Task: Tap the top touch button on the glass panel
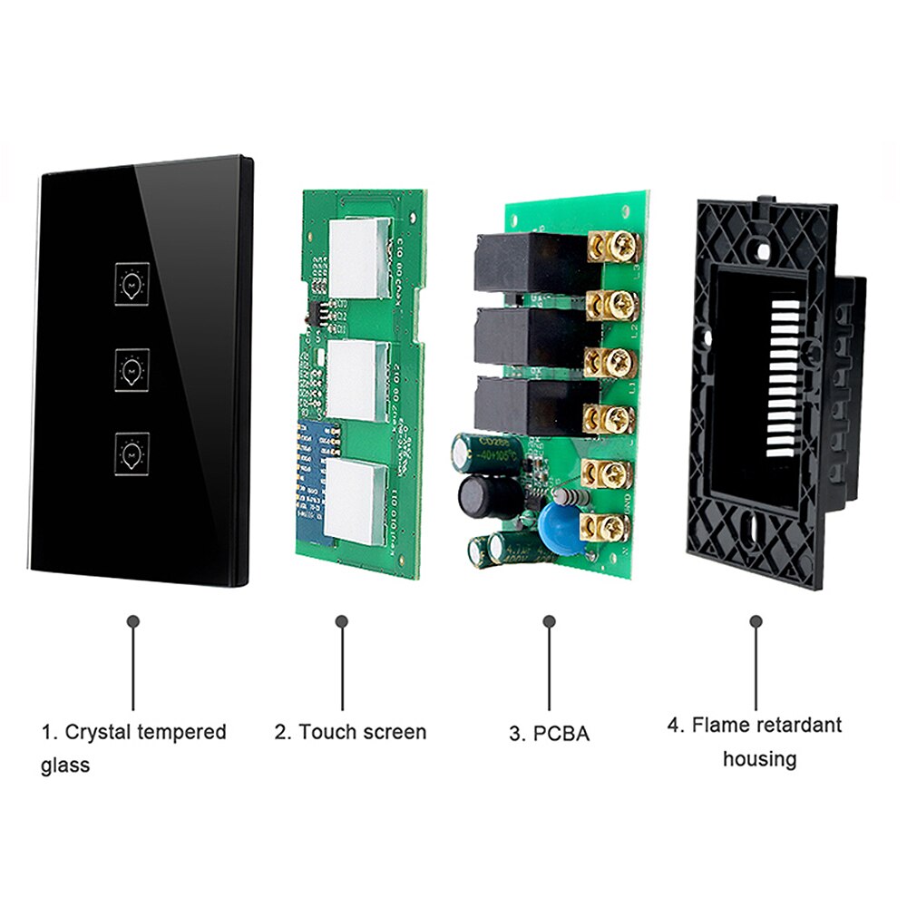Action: (x=133, y=282)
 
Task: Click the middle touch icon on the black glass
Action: (x=133, y=367)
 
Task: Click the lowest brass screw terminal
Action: (x=610, y=526)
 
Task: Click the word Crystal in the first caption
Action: (x=101, y=732)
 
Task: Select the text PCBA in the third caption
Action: (x=561, y=734)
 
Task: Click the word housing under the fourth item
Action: (x=759, y=759)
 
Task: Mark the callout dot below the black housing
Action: (x=756, y=621)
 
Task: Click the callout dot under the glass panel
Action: (x=133, y=621)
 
